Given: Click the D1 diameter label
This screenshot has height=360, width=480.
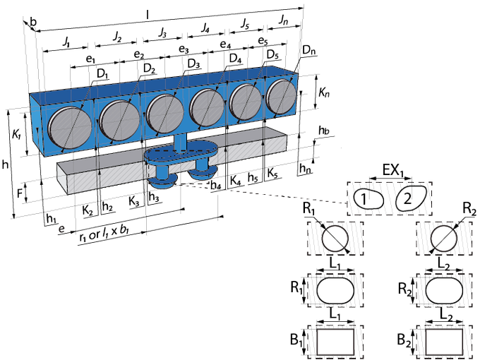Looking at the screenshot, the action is pos(102,74).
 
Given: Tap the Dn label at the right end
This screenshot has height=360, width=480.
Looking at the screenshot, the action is pos(308,50).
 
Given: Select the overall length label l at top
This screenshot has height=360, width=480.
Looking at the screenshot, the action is pos(148,15).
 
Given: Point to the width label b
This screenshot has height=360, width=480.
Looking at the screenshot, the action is pos(33,22).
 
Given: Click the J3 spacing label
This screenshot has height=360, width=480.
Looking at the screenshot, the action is pos(162,32).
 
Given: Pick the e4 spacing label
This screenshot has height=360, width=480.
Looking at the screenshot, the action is pos(225,44).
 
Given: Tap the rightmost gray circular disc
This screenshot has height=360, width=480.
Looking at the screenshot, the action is pos(282,96).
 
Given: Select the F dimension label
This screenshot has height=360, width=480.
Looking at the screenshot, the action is pos(19,193).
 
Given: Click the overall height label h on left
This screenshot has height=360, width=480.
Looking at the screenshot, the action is pos(5,164).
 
